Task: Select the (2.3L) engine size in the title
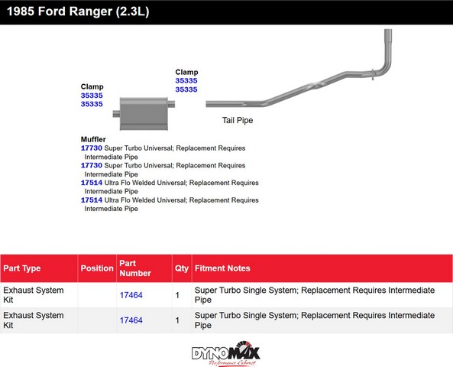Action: pos(133,12)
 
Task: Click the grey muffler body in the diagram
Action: pos(144,114)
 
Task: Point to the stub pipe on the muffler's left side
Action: pos(116,114)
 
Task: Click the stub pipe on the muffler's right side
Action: pos(171,104)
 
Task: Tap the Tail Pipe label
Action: pos(238,120)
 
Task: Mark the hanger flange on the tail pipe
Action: pos(373,74)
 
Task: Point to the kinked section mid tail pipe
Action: pos(316,86)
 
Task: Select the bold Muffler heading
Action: pos(93,139)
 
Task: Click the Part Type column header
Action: pos(22,268)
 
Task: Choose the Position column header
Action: pos(97,268)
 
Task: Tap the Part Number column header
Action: pos(135,268)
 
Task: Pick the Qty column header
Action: pos(182,268)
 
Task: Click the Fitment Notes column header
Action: pos(222,268)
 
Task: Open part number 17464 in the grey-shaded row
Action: pos(131,320)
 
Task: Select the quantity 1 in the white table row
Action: pos(177,295)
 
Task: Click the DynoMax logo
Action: pos(226,353)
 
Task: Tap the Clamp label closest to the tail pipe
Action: pos(186,72)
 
